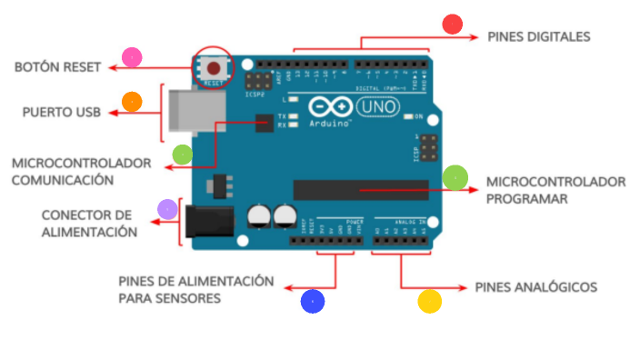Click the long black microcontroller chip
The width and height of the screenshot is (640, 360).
(360, 189)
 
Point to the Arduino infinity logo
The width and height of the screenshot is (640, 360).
(325, 106)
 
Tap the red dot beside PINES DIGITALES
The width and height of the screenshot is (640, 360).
(452, 24)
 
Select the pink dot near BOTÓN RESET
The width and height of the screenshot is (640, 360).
(133, 57)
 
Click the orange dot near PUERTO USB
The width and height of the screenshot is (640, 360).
(132, 101)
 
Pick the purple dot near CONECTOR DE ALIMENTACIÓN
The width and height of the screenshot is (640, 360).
(167, 210)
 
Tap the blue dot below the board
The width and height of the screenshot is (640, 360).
(313, 302)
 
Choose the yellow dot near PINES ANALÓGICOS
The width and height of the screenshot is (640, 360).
(429, 301)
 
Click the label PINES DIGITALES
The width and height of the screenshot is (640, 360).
(539, 37)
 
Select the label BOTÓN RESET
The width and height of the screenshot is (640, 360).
(57, 67)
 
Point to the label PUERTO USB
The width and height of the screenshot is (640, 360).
(62, 113)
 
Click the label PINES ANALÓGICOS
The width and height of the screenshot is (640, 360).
(536, 287)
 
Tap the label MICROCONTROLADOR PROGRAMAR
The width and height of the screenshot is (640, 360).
(555, 189)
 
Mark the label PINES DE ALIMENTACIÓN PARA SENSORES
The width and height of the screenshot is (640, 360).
(195, 289)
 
